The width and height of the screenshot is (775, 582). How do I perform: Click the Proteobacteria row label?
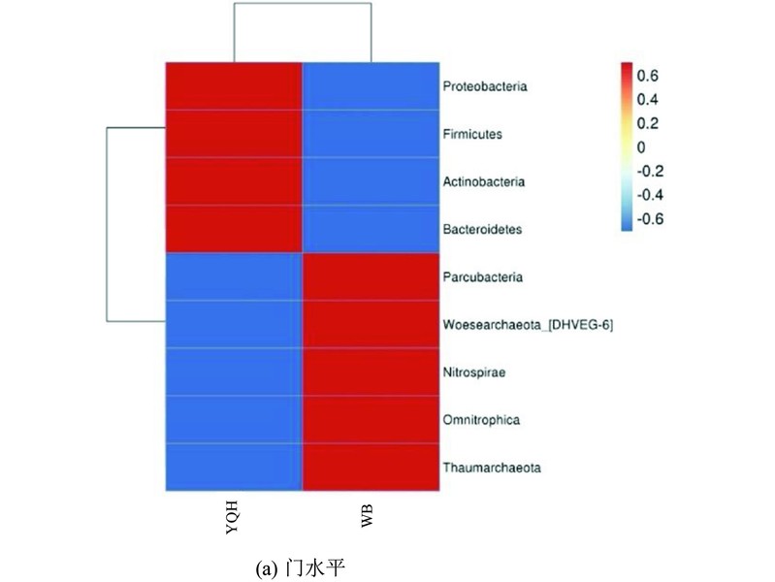tap(485, 86)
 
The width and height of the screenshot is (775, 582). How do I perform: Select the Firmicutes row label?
tap(472, 134)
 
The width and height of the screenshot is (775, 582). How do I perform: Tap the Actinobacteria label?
tap(484, 182)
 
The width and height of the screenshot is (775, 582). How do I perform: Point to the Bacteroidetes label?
tap(482, 230)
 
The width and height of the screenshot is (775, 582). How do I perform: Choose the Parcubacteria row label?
tap(483, 276)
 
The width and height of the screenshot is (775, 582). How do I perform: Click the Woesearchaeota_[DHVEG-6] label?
tap(528, 325)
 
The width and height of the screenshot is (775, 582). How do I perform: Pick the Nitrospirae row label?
tap(474, 372)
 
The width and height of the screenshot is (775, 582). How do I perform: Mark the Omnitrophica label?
tap(481, 420)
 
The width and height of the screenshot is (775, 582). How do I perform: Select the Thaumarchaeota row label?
tap(492, 468)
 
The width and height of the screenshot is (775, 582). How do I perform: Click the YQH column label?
tap(232, 517)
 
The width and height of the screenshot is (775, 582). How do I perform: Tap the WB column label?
tap(368, 516)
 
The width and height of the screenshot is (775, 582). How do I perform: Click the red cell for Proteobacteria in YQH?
tap(234, 86)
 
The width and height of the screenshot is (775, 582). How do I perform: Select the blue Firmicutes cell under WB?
tap(371, 134)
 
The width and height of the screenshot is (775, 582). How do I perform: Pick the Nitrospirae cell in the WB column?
tap(371, 372)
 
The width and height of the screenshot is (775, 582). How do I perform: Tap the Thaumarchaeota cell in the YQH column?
tap(234, 468)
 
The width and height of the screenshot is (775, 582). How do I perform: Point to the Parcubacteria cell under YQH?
tap(234, 276)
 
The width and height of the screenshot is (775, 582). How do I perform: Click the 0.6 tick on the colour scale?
tap(648, 76)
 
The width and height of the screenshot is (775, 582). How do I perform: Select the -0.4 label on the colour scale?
tap(650, 195)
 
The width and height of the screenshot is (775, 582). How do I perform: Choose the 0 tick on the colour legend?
tap(641, 147)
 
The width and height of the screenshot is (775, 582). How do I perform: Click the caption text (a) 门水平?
tap(300, 568)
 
